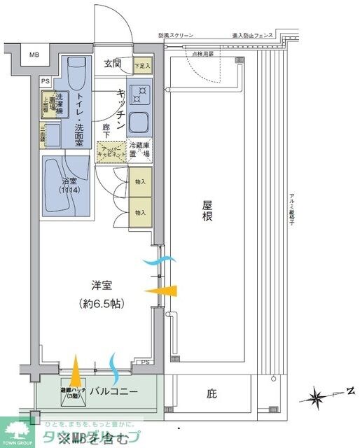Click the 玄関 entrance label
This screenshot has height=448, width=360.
point(113,64)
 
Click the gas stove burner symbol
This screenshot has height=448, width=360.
point(140,93)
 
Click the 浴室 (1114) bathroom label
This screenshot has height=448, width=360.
point(66,185)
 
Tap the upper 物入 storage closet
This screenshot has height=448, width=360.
point(140,182)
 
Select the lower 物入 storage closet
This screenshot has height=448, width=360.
point(140,212)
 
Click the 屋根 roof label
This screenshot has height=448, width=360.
point(207,211)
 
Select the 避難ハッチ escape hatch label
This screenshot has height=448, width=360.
point(73,392)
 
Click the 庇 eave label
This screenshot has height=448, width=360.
point(212,394)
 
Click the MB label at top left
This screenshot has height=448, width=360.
point(34,55)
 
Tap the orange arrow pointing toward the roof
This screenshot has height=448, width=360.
point(165,290)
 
